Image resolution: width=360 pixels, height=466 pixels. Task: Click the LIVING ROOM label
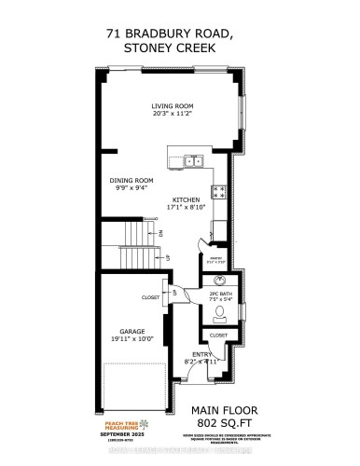(x=172, y=105)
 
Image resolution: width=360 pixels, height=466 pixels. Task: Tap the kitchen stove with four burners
(x=219, y=192)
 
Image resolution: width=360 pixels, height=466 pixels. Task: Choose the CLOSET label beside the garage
(x=150, y=297)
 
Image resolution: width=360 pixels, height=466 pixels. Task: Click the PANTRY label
(x=215, y=259)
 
